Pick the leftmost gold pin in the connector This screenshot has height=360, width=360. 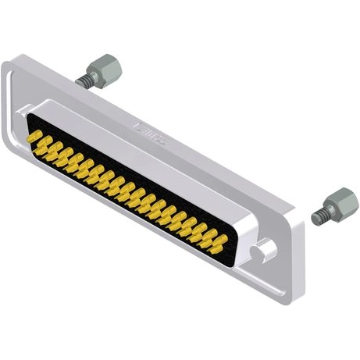[x=34, y=136]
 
